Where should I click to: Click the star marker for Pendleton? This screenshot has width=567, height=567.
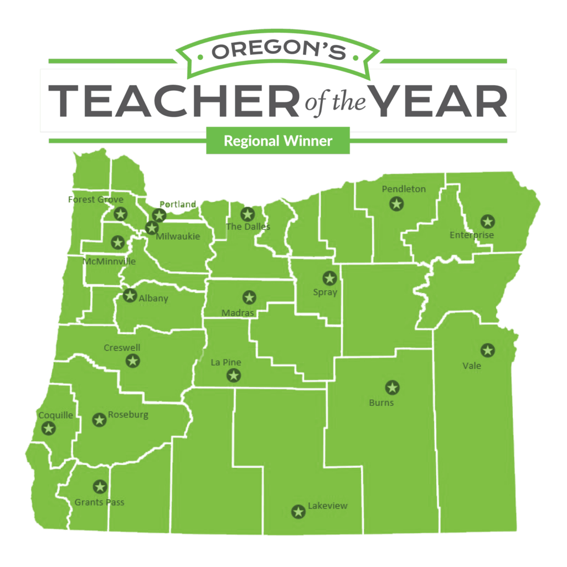396,204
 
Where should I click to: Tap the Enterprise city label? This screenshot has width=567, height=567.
471,235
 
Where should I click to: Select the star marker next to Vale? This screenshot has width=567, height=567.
487,350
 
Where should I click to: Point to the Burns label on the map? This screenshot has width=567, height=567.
381,403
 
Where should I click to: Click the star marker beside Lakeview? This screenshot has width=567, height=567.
298,512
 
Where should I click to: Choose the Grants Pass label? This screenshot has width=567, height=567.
99,503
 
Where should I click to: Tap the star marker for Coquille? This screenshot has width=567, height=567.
49,428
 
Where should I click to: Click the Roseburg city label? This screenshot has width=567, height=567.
128,415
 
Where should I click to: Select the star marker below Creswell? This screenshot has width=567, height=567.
132,361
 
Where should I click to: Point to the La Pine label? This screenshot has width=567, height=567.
226,363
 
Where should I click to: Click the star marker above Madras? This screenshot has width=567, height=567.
249,297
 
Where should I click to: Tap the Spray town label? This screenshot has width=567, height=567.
325,292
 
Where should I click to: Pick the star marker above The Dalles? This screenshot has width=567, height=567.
247,214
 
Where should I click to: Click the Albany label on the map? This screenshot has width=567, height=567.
153,298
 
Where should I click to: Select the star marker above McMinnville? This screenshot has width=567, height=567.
117,242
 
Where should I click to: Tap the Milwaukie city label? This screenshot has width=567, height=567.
177,236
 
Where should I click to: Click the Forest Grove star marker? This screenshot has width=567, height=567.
120,214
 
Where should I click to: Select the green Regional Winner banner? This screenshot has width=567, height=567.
278,141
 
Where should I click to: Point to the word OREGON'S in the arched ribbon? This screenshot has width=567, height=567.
279,51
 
